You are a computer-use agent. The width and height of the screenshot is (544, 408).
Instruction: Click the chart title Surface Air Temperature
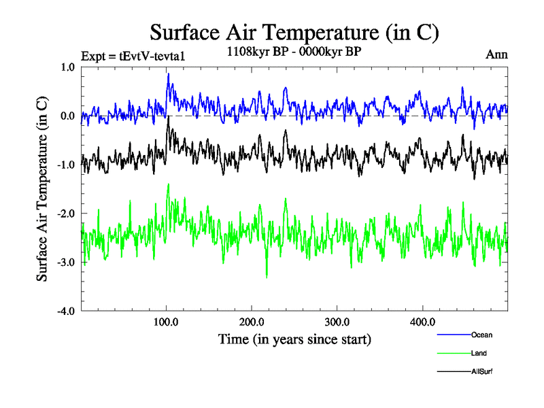pos(294,32)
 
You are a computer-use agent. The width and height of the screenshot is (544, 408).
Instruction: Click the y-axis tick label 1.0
pos(67,67)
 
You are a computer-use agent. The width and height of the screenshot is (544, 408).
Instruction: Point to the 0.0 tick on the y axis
pos(67,116)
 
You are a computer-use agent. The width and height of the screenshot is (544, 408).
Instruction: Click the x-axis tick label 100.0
pos(167,322)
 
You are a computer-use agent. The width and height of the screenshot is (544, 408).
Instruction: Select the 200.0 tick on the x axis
pos(252,322)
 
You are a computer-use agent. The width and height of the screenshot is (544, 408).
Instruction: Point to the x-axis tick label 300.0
pos(337,322)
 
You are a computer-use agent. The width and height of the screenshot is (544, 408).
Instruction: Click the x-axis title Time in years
pos(294,339)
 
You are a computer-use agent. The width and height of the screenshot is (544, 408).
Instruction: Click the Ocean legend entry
pos(481,335)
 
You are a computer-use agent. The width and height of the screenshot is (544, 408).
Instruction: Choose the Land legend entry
pos(479,353)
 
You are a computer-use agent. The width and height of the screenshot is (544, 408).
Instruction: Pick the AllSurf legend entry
pos(482,371)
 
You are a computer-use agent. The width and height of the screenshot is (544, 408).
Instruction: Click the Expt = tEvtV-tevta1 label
pos(133,56)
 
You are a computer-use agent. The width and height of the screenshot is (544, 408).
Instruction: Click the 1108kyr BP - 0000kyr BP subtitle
pos(293,50)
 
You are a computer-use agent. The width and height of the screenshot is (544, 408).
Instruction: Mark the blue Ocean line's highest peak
pos(168,73)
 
